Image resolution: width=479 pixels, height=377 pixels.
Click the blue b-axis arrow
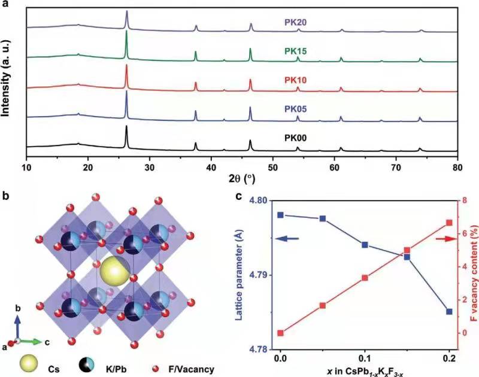pos(19,327)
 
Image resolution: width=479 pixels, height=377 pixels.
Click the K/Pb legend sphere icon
pos(86,364)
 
